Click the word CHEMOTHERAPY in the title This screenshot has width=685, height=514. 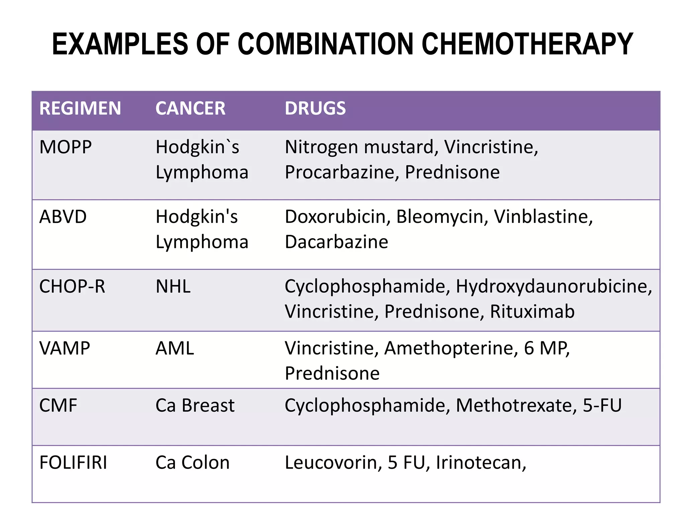click(527, 44)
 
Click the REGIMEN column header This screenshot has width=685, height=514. click(80, 108)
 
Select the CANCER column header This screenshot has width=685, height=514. click(190, 108)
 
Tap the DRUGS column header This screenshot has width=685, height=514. click(315, 108)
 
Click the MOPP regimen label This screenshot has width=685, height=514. click(66, 147)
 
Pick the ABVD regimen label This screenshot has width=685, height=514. click(63, 217)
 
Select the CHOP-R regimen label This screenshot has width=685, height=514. click(72, 287)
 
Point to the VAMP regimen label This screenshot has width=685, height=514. click(65, 348)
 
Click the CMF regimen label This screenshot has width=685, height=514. click(58, 406)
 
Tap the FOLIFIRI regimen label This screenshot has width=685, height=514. click(73, 463)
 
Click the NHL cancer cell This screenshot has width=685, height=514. click(173, 287)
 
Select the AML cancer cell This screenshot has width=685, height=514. click(175, 348)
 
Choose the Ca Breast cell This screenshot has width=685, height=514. click(195, 406)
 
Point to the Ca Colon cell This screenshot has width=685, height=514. click(192, 463)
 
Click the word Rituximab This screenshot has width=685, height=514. click(532, 312)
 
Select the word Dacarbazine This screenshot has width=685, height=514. click(336, 242)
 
